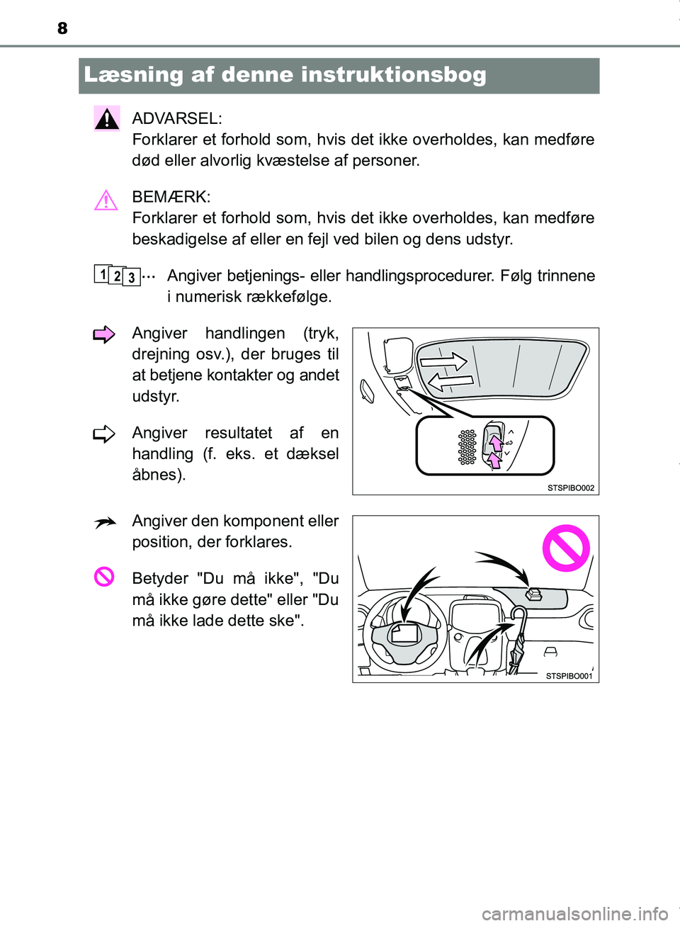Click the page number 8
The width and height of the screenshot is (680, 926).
pos(62,28)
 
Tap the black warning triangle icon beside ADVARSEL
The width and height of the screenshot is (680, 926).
pos(107,119)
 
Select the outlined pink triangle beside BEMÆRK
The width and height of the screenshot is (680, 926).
pos(106,201)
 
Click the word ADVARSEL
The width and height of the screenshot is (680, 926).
pos(176,118)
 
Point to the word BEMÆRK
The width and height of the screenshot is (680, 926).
pos(171,197)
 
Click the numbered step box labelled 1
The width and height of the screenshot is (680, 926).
pos(103,273)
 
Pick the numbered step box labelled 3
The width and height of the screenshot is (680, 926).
pos(131,278)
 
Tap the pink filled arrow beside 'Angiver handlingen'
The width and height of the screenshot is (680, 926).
pos(104,334)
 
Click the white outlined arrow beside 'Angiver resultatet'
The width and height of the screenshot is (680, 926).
pos(104,434)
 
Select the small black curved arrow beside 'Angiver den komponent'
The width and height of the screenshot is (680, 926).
pos(105,524)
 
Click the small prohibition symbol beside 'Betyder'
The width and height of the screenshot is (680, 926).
pos(104,577)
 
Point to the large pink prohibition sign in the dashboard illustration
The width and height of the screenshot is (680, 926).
pos(566,548)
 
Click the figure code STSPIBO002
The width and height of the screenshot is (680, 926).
pos(571,488)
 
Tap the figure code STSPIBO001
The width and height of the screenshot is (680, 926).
pos(569,676)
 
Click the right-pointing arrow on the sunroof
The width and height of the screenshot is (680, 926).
pos(443,362)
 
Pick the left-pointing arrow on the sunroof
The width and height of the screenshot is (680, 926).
pos(450,383)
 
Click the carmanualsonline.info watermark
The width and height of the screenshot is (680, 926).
pos(574,914)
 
